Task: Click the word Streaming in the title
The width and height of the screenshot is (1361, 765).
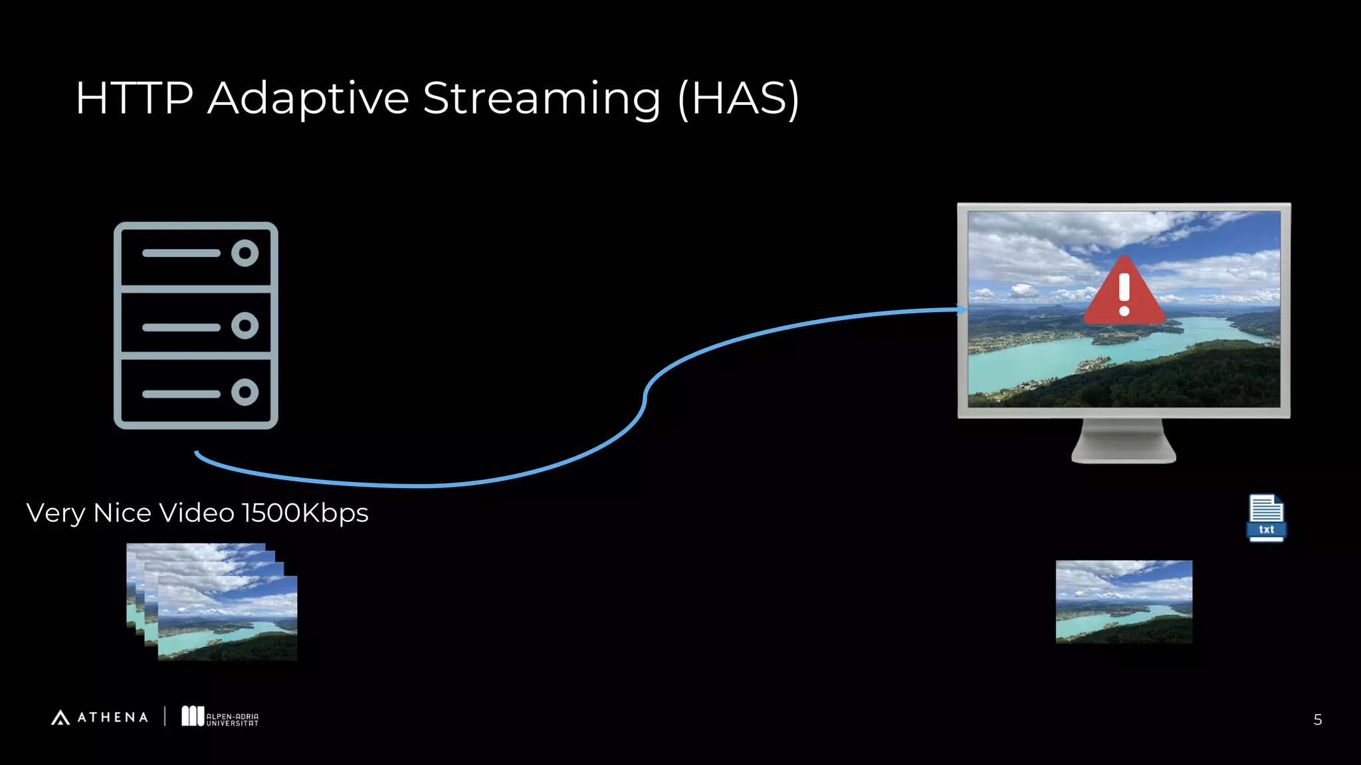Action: coord(542,98)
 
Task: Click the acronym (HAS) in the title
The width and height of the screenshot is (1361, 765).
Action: coord(738,98)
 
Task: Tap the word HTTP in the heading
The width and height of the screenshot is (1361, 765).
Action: coord(134,98)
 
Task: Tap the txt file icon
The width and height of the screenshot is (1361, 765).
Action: coord(1266,518)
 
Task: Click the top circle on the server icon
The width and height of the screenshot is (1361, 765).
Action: coord(245,253)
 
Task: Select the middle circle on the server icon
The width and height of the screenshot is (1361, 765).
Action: coord(245,325)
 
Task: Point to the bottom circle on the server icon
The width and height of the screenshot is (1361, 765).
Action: coord(245,392)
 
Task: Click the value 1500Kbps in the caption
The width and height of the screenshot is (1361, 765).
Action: coord(304,513)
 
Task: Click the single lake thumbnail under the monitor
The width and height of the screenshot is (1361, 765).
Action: coord(1124,602)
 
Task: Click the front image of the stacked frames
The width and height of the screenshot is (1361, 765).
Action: coord(227,619)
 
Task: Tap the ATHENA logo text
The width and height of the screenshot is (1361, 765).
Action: coord(112,717)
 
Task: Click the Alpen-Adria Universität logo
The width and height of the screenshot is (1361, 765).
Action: coord(220,717)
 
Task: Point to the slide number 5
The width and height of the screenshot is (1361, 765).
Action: coord(1317,720)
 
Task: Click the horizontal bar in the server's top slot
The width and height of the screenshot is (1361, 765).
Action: coord(181,253)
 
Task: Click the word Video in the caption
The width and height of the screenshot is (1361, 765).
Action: coord(197,513)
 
